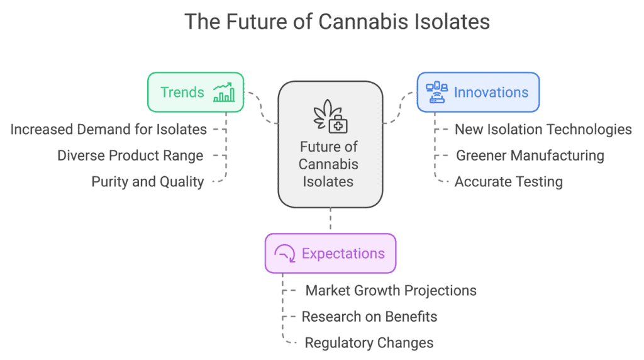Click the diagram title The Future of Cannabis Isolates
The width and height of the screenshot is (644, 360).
(x=337, y=22)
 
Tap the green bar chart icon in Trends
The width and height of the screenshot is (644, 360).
(x=224, y=93)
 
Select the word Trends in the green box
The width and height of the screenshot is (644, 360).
(x=182, y=93)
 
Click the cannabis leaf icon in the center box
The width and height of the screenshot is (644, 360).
(x=330, y=116)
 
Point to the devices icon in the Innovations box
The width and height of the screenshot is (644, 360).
(x=436, y=92)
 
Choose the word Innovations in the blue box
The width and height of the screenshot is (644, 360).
(x=491, y=93)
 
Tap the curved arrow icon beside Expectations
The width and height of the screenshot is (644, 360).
(x=285, y=254)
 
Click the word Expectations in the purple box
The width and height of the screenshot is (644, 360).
(x=343, y=254)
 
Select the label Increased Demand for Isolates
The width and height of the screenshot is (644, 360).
(x=108, y=130)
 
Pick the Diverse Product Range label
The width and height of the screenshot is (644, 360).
(x=130, y=155)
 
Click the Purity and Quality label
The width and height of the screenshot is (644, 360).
(x=147, y=182)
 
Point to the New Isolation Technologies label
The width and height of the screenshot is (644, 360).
(x=543, y=130)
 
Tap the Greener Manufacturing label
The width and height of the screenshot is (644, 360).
(x=530, y=155)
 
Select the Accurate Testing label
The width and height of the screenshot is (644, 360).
(x=508, y=182)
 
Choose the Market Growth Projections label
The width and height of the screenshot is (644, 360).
(x=391, y=291)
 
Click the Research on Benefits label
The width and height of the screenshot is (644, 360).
(x=369, y=317)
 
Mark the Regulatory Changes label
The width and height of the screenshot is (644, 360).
(x=369, y=343)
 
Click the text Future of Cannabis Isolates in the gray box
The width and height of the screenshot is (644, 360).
(x=328, y=164)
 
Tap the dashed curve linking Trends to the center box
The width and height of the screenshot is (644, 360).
(x=260, y=108)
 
